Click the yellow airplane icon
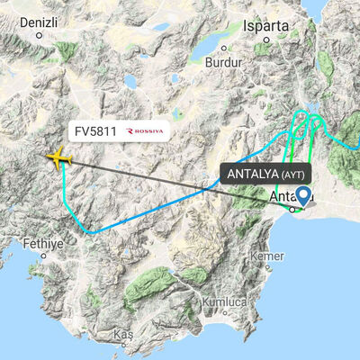[x=58, y=157]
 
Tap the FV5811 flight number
[x=95, y=131]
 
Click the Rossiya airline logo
[x=146, y=131]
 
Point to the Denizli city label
[x=40, y=19]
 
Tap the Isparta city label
[x=265, y=26]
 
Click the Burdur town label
[x=225, y=63]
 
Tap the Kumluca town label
[x=225, y=302]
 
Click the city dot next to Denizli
[x=40, y=36]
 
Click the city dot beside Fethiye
[x=44, y=256]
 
